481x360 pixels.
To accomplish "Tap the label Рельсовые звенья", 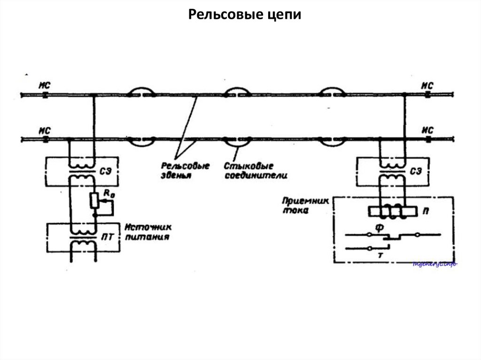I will click(178, 170).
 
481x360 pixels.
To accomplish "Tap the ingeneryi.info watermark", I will click(434, 264).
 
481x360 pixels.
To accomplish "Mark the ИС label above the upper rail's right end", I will click(427, 85).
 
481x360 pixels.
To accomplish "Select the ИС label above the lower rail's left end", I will click(45, 130).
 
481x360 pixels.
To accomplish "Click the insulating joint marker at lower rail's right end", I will click(428, 139).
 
